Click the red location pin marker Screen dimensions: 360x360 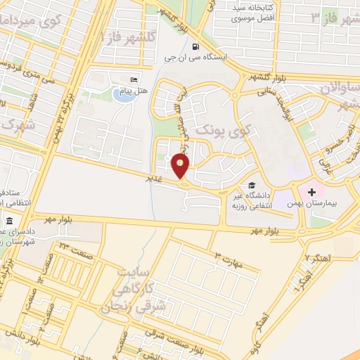[181, 166]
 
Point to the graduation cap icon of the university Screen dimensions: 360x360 [251, 185]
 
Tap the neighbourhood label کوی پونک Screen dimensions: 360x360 [222, 131]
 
